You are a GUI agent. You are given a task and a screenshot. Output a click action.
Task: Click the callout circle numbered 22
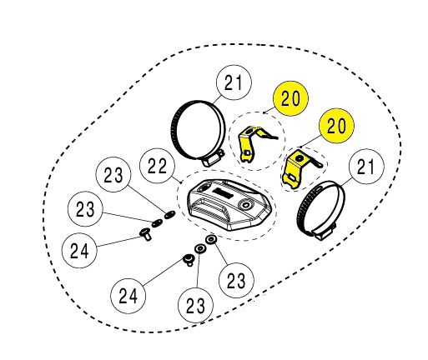tap(157, 166)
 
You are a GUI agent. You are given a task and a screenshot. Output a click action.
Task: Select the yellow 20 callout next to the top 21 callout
tap(291, 98)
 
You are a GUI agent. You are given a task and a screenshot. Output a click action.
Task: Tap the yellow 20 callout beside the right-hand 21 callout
tap(336, 126)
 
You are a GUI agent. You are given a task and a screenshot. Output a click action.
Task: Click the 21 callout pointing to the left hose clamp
tap(234, 82)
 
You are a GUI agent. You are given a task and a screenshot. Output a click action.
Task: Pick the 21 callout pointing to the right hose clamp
tap(366, 167)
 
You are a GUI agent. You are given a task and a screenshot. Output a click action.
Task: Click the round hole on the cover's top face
tap(245, 205)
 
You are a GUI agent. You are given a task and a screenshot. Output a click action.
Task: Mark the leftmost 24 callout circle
tap(79, 250)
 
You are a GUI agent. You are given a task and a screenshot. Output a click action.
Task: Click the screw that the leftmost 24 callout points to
tap(146, 234)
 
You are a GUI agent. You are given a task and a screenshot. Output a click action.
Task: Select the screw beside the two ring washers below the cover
tap(189, 259)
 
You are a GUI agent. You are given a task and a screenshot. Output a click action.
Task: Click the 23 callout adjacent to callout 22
tap(113, 175)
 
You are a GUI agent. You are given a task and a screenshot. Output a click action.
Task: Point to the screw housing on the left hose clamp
tap(212, 159)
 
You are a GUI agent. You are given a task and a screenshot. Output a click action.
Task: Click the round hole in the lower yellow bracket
tap(300, 158)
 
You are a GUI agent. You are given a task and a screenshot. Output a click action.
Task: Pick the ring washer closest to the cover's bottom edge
tap(211, 239)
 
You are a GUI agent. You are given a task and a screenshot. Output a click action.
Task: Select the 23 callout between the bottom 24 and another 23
tap(196, 306)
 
